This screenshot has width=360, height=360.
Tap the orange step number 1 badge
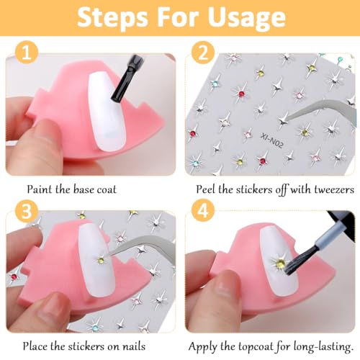27,53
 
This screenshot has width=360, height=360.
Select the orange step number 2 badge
203,53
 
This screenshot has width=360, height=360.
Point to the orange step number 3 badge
27,211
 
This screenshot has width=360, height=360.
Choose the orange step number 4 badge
203,211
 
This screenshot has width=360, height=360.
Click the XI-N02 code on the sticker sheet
272,140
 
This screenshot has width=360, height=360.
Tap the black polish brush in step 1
127,77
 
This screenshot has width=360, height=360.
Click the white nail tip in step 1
107,112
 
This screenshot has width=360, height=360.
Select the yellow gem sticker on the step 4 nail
280,264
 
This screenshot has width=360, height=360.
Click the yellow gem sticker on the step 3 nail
101,260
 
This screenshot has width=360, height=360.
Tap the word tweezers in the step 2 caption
334,189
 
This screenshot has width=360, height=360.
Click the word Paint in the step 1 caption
40,189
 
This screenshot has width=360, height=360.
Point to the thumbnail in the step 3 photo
52,305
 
